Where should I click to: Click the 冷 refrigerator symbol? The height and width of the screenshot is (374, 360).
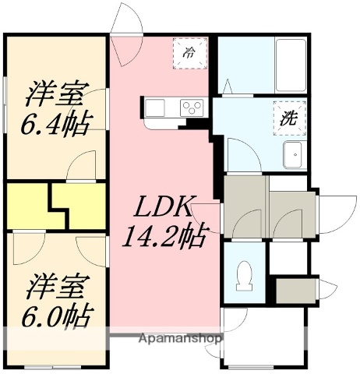189,54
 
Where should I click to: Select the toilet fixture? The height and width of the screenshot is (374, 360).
243,277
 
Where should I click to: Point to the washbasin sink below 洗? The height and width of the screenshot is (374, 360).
294,154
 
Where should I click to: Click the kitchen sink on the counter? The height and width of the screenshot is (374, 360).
153,106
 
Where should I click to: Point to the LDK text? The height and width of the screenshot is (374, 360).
165,207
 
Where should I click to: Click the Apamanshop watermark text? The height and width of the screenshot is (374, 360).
180,339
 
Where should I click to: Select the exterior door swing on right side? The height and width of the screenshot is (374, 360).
330,205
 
